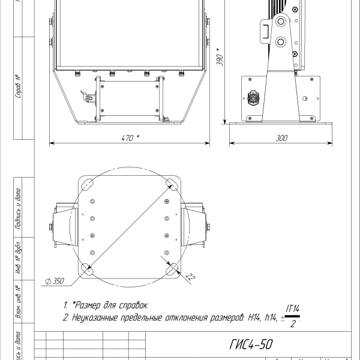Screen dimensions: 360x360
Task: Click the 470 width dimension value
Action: (x=128, y=137)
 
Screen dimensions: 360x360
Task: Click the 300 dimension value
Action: (x=281, y=137)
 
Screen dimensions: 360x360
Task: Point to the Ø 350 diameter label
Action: (x=55, y=280)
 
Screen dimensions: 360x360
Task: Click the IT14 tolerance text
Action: (x=293, y=308)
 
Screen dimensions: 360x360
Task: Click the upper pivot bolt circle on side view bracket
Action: (x=280, y=22)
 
